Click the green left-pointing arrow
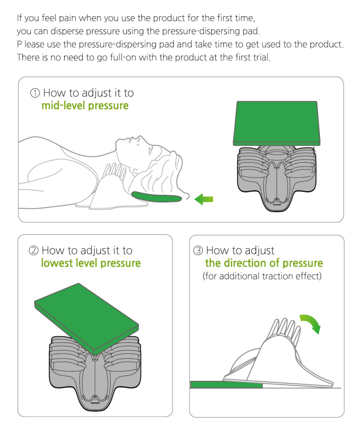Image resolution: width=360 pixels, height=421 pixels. (x=204, y=199)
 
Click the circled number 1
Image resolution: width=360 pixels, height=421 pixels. (x=35, y=93)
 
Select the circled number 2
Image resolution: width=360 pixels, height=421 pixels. (x=33, y=250)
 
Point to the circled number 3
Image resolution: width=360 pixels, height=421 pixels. (x=198, y=250)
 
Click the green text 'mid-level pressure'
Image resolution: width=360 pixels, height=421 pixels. (x=85, y=106)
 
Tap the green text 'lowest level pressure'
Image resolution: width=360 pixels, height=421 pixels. (x=91, y=263)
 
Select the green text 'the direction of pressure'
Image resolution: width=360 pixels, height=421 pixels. (x=264, y=263)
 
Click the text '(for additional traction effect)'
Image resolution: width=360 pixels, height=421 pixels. (x=262, y=276)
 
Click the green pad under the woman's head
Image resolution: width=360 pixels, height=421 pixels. (x=156, y=197)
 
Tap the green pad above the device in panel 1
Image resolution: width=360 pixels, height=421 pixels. (x=276, y=123)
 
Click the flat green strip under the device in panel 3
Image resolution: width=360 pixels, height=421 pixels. (x=226, y=384)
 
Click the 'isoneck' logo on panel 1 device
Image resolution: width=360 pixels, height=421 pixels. (x=277, y=204)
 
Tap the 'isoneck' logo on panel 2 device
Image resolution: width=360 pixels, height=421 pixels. (x=95, y=403)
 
